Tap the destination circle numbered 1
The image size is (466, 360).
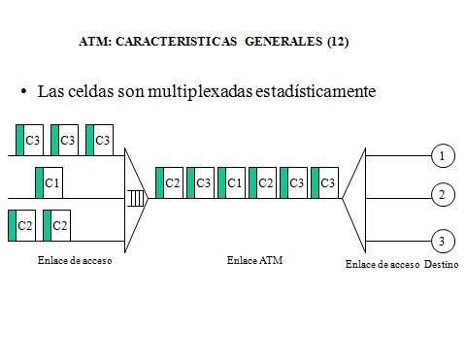point(442,155)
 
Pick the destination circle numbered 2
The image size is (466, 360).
point(442,196)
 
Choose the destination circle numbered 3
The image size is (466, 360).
point(442,240)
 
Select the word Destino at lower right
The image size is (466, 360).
point(442,264)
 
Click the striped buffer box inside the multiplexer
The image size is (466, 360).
point(136,199)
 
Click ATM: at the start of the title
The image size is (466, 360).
point(94,43)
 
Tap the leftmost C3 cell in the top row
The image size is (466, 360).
point(29,140)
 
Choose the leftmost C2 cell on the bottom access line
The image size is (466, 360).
point(21,225)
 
